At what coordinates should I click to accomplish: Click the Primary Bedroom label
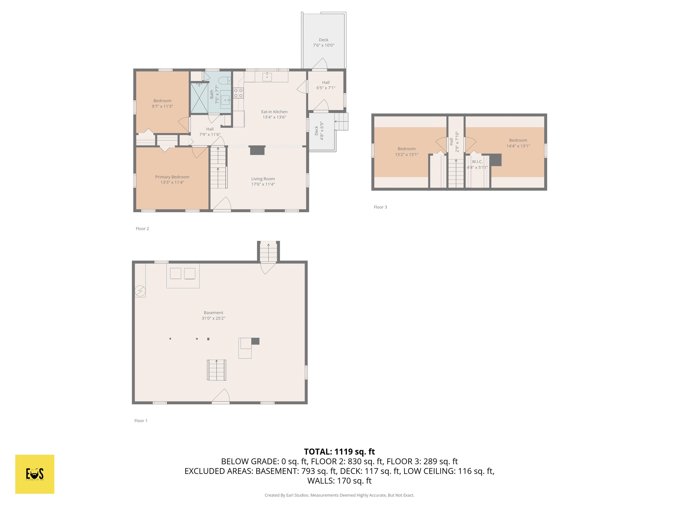pyautogui.click(x=172, y=177)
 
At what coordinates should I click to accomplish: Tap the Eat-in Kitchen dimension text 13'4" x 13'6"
pyautogui.click(x=274, y=117)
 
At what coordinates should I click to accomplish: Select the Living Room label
pyautogui.click(x=263, y=179)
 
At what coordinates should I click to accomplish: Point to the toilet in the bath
pyautogui.click(x=224, y=81)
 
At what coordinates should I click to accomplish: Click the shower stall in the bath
pyautogui.click(x=199, y=98)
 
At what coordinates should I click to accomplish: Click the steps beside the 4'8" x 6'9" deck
pyautogui.click(x=341, y=122)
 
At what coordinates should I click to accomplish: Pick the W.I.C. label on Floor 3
pyautogui.click(x=477, y=162)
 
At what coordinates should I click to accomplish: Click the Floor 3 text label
pyautogui.click(x=380, y=207)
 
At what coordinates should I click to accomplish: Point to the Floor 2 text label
pyautogui.click(x=142, y=229)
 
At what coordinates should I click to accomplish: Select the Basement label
pyautogui.click(x=213, y=313)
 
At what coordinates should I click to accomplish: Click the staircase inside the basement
pyautogui.click(x=216, y=370)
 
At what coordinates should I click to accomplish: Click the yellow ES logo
pyautogui.click(x=35, y=474)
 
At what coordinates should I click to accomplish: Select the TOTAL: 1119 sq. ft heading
pyautogui.click(x=339, y=452)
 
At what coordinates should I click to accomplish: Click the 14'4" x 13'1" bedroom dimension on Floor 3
pyautogui.click(x=518, y=146)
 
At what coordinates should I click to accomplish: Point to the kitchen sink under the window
pyautogui.click(x=267, y=77)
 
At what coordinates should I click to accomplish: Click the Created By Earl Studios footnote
pyautogui.click(x=339, y=495)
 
